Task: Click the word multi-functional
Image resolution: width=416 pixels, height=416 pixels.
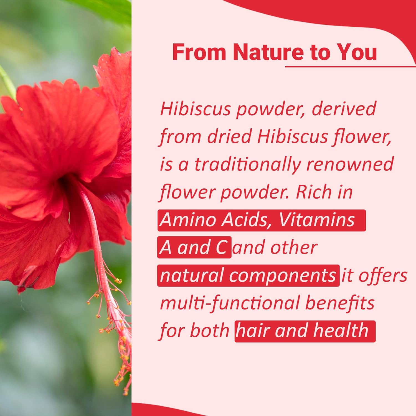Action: [230, 303]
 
